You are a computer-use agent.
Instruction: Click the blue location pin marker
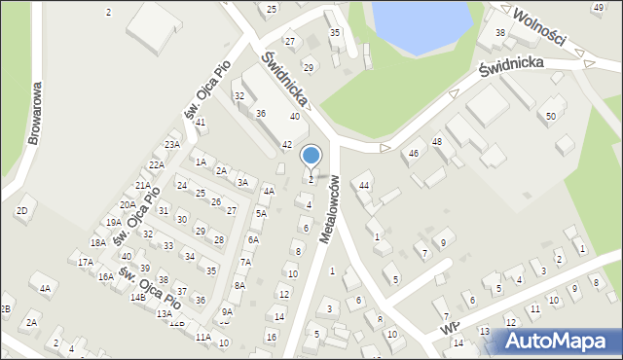311,156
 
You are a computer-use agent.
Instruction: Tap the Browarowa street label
36,113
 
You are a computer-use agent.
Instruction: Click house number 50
551,117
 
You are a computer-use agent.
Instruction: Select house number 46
414,154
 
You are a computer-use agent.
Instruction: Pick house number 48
437,142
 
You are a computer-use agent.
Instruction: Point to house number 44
364,185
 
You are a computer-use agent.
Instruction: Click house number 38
500,33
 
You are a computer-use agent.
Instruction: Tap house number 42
287,144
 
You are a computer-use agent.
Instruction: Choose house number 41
201,123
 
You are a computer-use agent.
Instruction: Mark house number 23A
172,145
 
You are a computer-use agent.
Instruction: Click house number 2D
21,210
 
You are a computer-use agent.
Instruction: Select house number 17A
86,262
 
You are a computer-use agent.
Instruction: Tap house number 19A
114,222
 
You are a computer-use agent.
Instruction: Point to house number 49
598,8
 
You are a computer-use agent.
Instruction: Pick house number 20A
128,205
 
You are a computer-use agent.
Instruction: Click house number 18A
98,243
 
